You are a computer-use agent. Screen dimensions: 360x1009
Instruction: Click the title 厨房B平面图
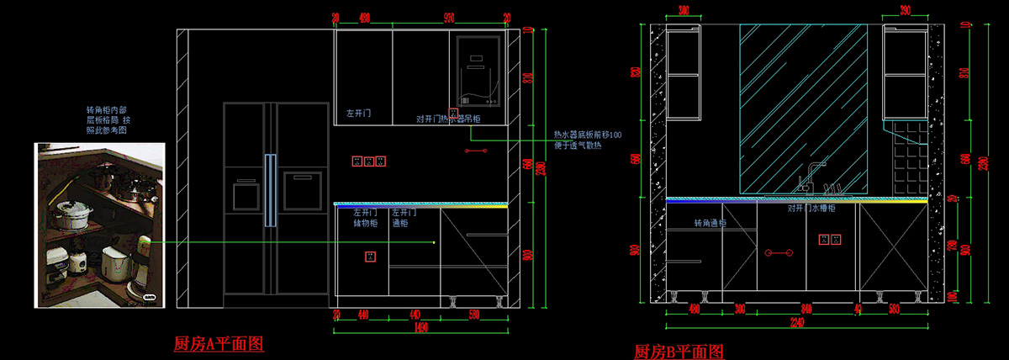679,352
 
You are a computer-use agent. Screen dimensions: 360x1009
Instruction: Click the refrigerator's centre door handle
270,190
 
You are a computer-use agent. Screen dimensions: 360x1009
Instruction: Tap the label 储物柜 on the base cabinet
366,224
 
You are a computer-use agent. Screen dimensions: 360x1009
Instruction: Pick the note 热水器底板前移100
587,135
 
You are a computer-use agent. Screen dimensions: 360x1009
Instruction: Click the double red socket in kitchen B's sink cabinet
829,240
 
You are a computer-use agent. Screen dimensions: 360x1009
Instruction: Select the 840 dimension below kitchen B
806,308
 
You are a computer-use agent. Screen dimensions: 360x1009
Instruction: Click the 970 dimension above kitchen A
449,17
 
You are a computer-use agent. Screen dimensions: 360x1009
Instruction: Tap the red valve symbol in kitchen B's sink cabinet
777,252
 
